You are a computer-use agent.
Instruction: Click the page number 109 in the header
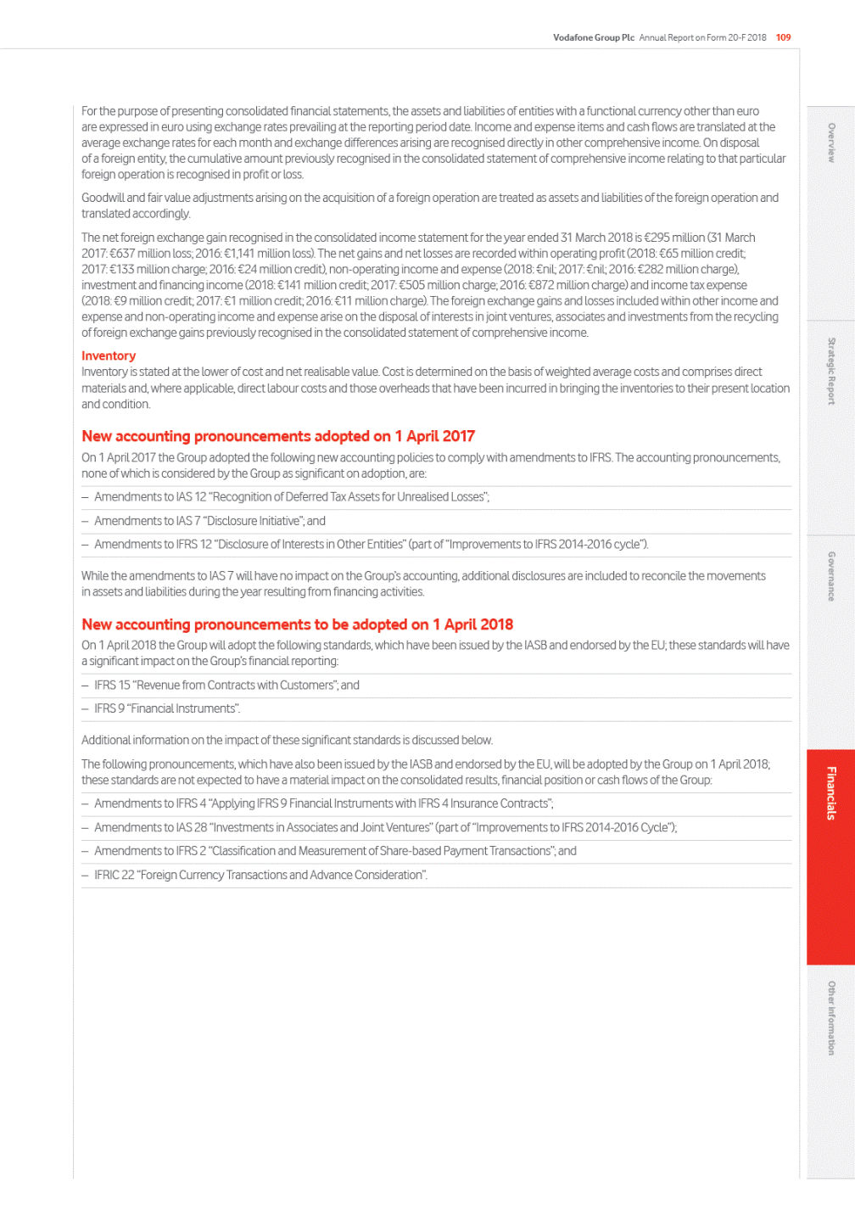(783, 37)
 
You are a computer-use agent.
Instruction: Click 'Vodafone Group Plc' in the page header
(593, 37)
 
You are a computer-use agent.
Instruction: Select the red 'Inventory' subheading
(109, 356)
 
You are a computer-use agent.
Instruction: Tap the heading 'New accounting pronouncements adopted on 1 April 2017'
(278, 436)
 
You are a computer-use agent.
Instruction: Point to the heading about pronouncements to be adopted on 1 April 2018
(297, 624)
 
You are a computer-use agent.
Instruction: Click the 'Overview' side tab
(831, 143)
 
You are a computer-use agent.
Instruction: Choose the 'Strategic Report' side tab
(831, 371)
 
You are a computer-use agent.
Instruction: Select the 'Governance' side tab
(831, 576)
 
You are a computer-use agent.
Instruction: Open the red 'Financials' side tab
(831, 793)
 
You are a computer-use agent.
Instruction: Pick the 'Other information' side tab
(831, 1018)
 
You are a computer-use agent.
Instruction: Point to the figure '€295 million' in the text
(675, 238)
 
